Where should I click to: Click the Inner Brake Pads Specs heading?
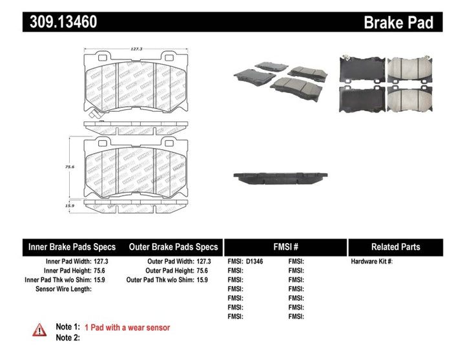tap(72, 247)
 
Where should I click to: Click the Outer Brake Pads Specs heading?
tap(173, 247)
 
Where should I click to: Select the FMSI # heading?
tap(285, 247)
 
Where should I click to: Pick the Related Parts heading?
tap(395, 247)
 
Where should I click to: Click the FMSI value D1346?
tap(256, 262)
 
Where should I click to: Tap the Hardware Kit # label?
tap(371, 262)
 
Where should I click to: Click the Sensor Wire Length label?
tap(63, 289)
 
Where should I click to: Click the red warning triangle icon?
tap(40, 330)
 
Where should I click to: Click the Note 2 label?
tap(67, 337)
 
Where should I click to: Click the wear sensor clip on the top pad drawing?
tap(97, 117)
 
